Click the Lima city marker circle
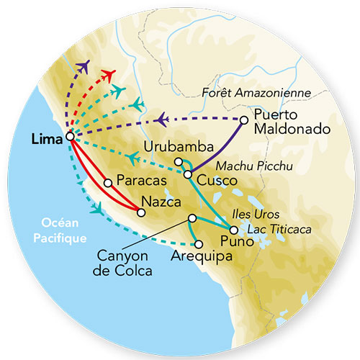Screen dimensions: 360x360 click(70, 136)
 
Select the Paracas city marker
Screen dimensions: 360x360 click(107, 183)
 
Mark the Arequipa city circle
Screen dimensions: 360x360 click(199, 244)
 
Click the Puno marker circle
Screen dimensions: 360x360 click(233, 229)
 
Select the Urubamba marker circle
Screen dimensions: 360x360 click(179, 161)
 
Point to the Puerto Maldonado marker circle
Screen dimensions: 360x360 click(245, 120)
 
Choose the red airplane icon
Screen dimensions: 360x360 click(109, 73)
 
